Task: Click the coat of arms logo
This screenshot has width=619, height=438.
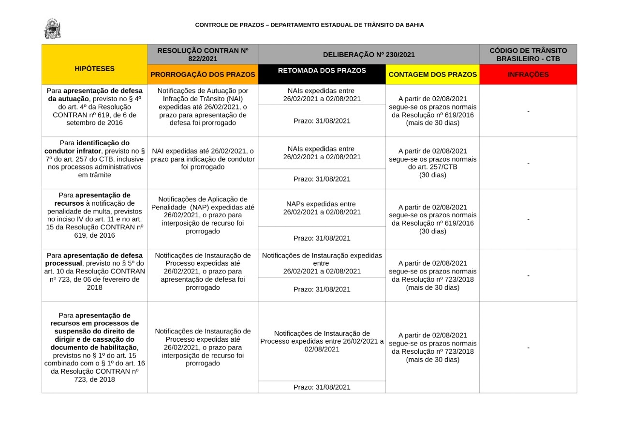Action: (x=52, y=29)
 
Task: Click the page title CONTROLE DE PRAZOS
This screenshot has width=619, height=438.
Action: (x=309, y=25)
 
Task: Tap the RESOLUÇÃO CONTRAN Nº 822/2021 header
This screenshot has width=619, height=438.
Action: (x=203, y=54)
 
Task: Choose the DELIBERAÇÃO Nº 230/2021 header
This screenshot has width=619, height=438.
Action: (x=368, y=55)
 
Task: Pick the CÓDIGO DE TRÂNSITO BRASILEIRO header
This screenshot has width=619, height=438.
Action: (x=528, y=54)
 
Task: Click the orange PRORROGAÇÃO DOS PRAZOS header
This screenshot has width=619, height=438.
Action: (x=203, y=75)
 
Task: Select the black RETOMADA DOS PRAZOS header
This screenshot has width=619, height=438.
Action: (x=322, y=71)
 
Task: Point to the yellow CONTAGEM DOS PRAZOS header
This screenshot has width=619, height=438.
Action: (x=432, y=75)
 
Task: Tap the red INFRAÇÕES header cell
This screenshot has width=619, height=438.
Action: (x=528, y=75)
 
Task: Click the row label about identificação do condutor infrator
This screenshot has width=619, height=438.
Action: (x=94, y=159)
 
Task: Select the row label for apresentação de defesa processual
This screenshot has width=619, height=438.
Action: (x=94, y=272)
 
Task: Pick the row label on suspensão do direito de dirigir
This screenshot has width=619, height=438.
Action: (x=94, y=347)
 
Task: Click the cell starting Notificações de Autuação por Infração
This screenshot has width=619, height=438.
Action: (x=203, y=107)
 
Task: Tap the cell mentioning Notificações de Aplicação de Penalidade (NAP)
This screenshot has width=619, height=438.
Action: (x=203, y=215)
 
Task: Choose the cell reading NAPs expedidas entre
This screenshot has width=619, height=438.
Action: (x=322, y=208)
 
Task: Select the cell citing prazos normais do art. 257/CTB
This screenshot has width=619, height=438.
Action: (x=432, y=163)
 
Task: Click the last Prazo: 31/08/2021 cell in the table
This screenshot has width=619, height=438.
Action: (x=322, y=387)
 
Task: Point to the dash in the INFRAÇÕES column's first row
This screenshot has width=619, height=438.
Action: (x=528, y=111)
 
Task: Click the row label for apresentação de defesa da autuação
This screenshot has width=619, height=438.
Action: (x=94, y=106)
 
